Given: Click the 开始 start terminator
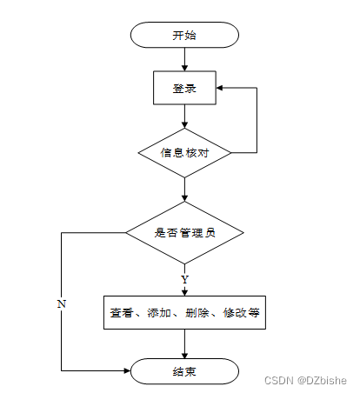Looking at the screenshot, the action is click(x=184, y=35).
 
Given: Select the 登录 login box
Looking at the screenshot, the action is click(x=184, y=88).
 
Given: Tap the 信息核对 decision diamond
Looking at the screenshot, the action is click(x=184, y=153).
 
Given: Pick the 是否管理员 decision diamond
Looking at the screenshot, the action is click(x=184, y=233).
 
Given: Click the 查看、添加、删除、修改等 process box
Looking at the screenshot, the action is click(x=184, y=312).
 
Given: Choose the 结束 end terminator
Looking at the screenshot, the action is click(x=184, y=371).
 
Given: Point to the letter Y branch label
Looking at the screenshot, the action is click(x=184, y=279).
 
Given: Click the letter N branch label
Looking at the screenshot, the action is click(x=62, y=303).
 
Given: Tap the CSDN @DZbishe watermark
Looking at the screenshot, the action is click(x=305, y=380).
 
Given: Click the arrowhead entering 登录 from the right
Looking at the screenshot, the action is click(x=219, y=88).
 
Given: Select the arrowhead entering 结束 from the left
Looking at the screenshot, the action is click(x=127, y=370).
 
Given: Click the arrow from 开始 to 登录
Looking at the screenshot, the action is click(x=184, y=59).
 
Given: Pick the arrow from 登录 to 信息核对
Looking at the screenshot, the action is click(x=184, y=117).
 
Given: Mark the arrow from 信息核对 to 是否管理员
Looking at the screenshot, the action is click(x=184, y=190).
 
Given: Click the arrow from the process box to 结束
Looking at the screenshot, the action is click(x=184, y=343).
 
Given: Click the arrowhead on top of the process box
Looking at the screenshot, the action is click(x=184, y=292).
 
